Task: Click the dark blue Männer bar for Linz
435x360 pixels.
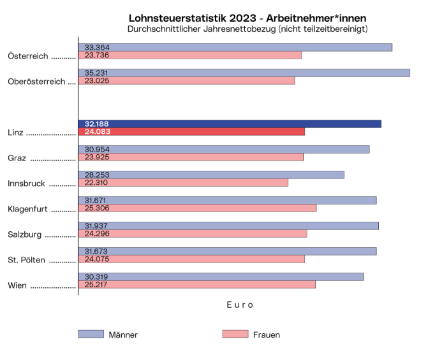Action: (x=230, y=124)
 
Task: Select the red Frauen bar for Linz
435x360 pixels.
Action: (x=191, y=132)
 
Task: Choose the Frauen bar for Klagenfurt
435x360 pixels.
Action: (x=197, y=208)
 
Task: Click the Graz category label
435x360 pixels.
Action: (x=17, y=158)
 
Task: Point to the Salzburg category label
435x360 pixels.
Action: (x=24, y=234)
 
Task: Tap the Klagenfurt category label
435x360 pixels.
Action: (x=28, y=209)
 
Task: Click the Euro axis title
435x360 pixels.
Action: (x=240, y=305)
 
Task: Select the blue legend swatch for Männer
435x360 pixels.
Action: (x=91, y=334)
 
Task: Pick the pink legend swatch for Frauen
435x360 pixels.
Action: (x=235, y=334)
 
